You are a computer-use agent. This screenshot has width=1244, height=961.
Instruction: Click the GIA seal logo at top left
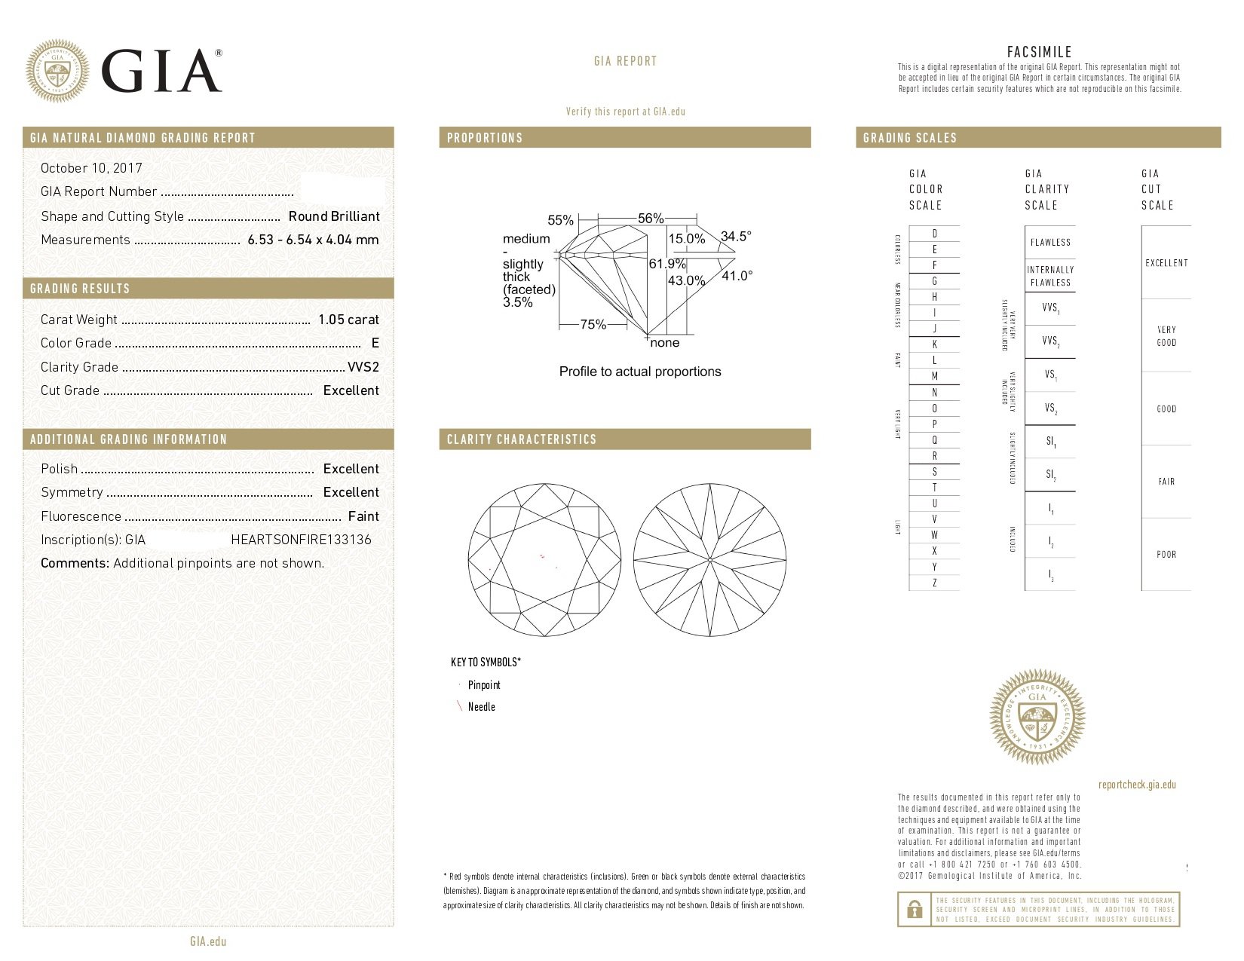click(57, 71)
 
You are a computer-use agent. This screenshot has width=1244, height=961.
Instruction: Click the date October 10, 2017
click(91, 168)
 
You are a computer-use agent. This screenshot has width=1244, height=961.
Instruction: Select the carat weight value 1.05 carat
click(348, 320)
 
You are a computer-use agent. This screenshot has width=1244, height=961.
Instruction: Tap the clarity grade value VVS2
click(363, 367)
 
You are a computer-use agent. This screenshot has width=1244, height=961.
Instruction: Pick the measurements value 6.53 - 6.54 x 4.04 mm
click(313, 240)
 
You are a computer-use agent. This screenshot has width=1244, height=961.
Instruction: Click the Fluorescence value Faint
click(363, 516)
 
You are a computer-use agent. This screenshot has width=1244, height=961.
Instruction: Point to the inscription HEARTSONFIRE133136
click(301, 540)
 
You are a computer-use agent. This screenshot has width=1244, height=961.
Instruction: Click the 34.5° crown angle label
click(736, 237)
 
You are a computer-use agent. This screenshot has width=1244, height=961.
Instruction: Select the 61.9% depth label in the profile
click(667, 264)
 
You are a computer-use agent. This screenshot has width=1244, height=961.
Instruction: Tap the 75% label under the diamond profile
click(593, 325)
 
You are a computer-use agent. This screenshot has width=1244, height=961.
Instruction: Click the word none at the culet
click(665, 343)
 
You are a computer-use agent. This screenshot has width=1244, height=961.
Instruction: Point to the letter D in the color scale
click(935, 234)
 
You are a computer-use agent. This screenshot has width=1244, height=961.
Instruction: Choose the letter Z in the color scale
click(935, 583)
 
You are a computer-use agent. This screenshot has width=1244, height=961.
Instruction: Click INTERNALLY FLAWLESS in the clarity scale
click(1050, 276)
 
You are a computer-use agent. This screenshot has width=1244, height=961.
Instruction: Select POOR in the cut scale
click(1166, 555)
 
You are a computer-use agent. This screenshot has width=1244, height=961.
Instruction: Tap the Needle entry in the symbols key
click(481, 707)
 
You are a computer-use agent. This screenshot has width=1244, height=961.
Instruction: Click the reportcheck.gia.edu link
click(1137, 785)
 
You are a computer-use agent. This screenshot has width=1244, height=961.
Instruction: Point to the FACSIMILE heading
click(1039, 52)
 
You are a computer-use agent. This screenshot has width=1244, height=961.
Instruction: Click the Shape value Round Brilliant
click(334, 216)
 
